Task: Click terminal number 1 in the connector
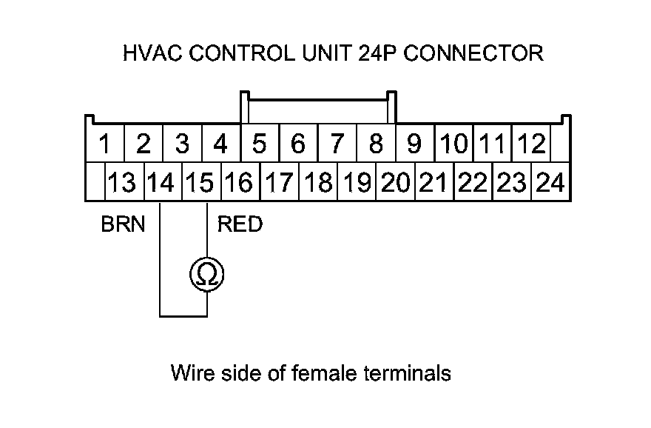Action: [105, 144]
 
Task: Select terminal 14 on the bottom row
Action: [160, 182]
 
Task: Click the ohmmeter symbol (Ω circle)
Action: [207, 275]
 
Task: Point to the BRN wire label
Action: [124, 225]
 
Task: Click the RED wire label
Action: [240, 225]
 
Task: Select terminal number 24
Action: [550, 182]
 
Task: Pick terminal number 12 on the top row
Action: [530, 144]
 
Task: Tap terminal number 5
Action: [259, 144]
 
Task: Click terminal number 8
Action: [376, 144]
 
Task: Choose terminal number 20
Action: [395, 182]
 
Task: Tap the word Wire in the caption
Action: [190, 372]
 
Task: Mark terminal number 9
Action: [414, 144]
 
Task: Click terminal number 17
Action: [278, 182]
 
